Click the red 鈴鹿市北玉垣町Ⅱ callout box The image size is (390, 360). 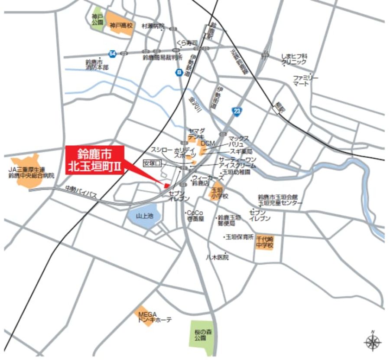[95, 160]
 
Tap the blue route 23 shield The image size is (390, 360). [236, 111]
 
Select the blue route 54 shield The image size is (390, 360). [113, 54]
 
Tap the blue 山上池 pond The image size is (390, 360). [144, 216]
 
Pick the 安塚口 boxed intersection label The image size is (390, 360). [152, 163]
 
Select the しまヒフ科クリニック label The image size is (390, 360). [294, 59]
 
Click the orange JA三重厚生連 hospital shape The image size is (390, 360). [30, 173]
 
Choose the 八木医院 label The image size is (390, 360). [217, 257]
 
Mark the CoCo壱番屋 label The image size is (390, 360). [195, 216]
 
